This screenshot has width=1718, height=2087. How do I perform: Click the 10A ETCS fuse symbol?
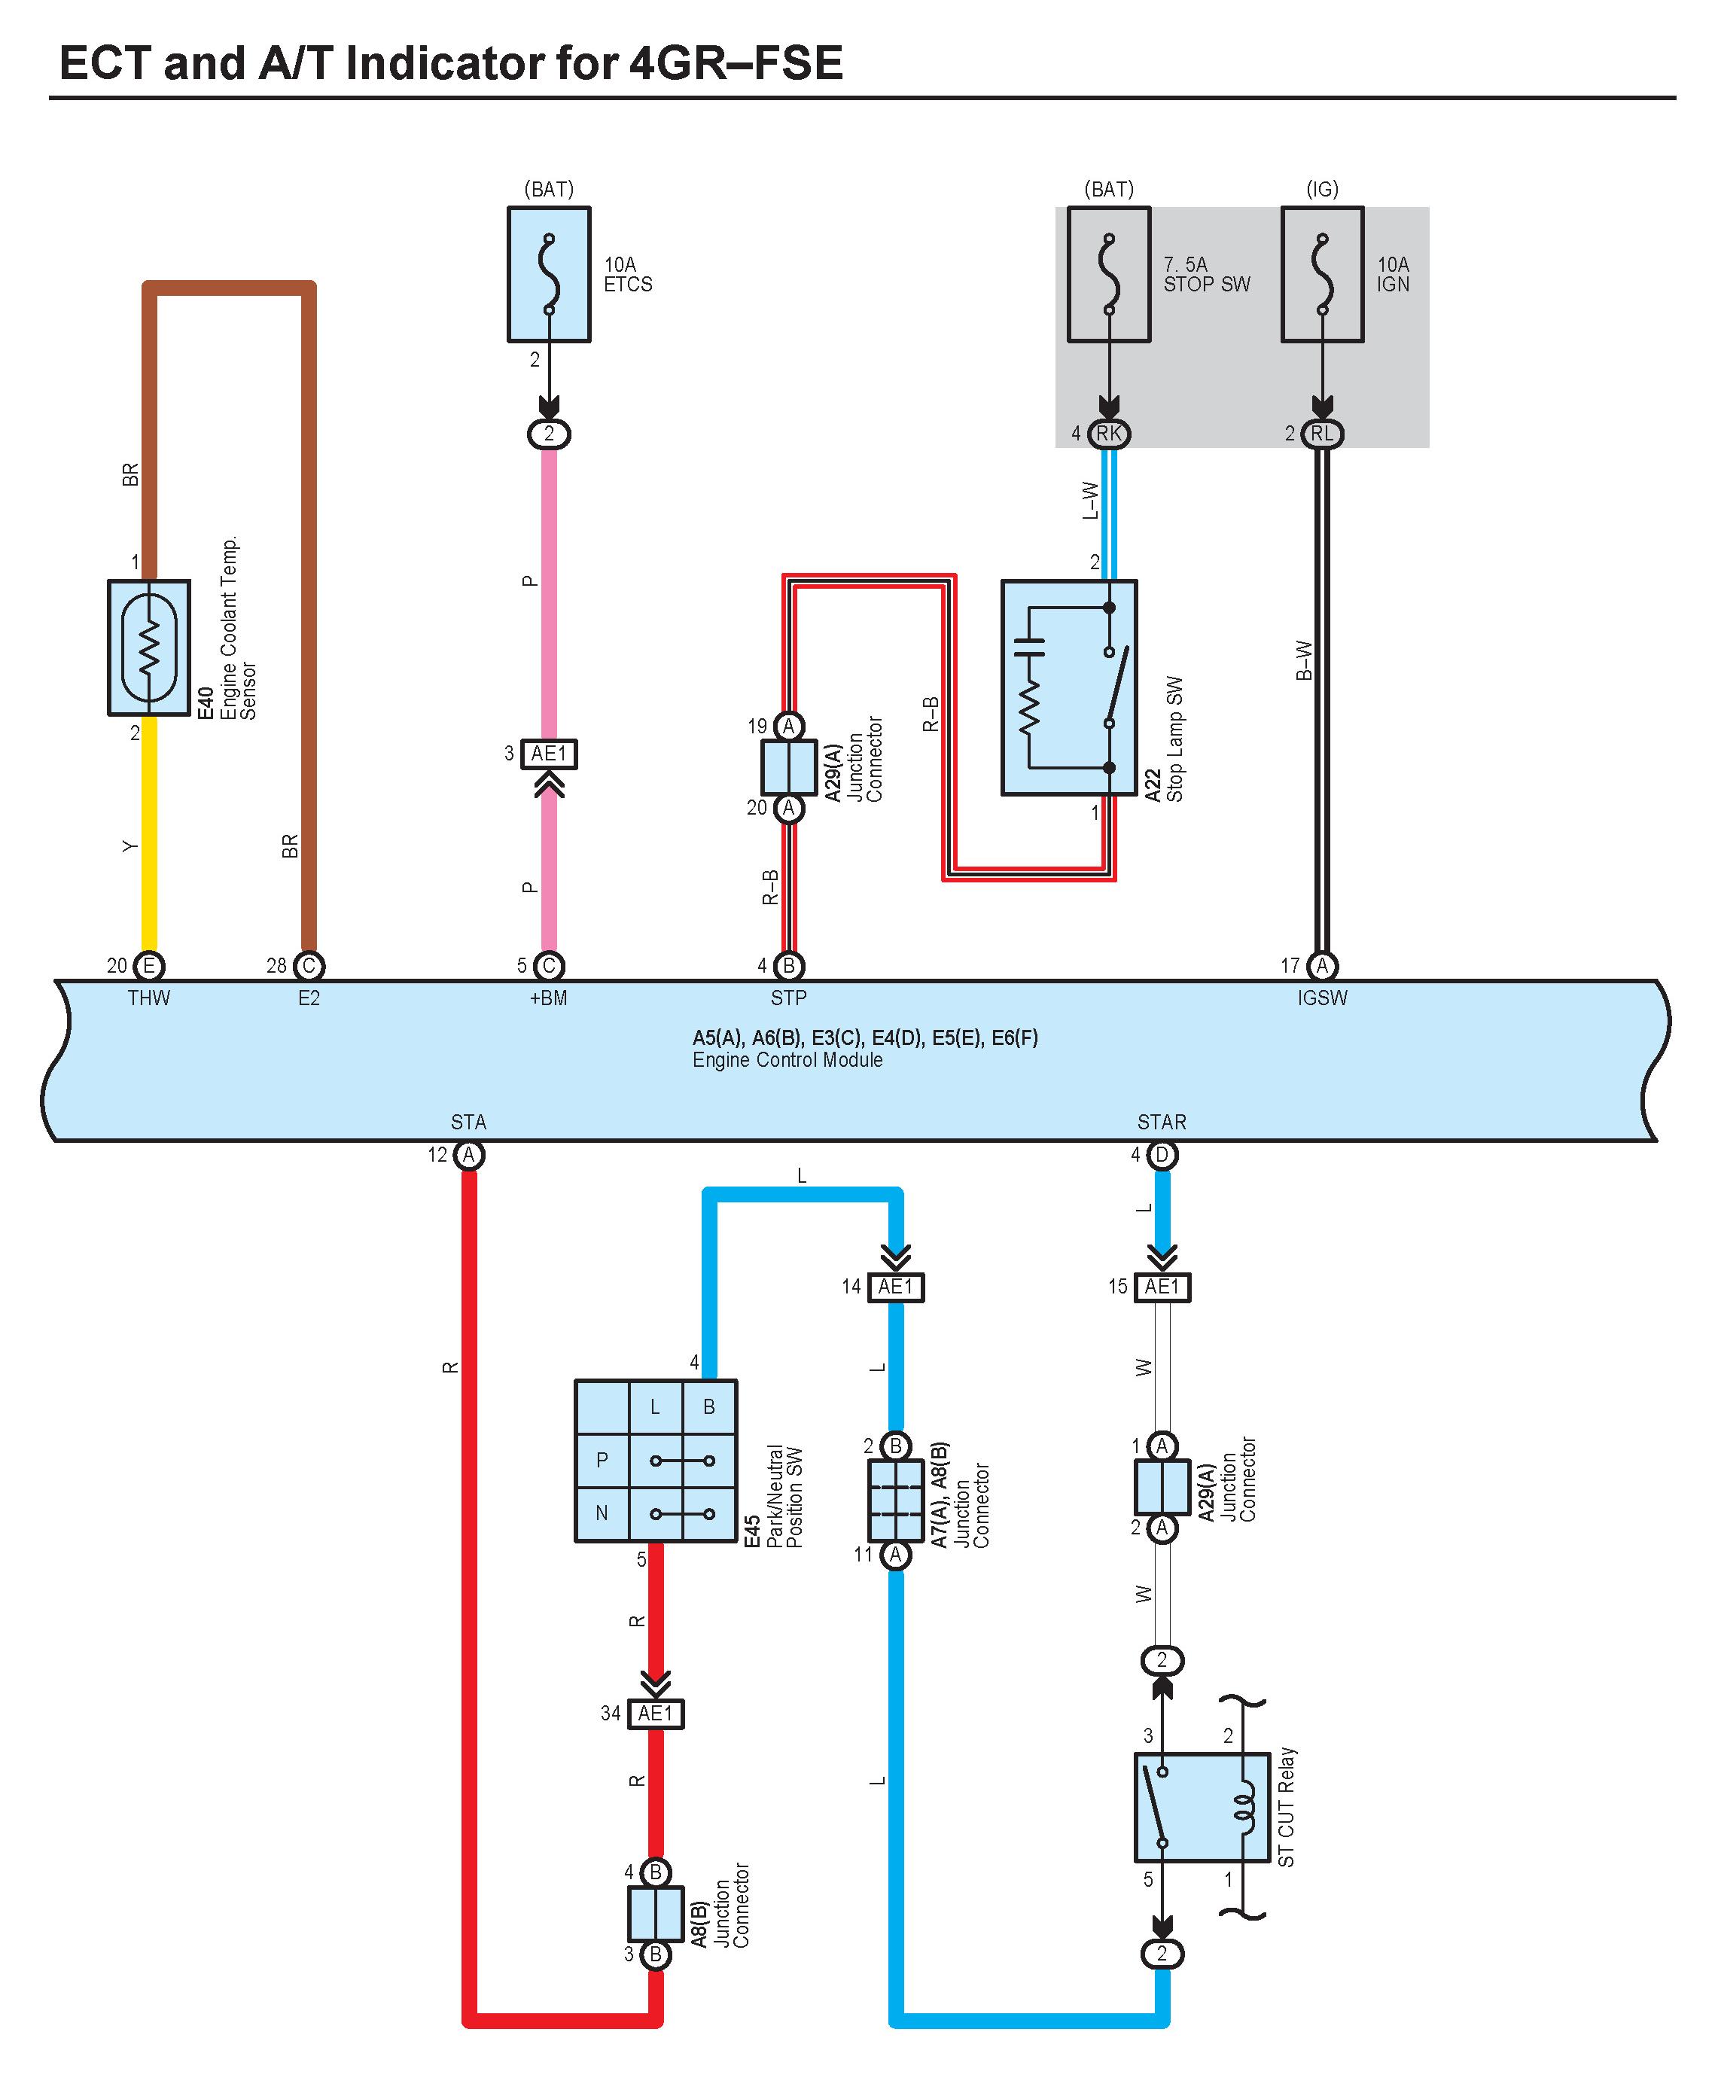[x=550, y=274]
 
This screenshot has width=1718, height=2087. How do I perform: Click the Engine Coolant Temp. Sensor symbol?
[x=148, y=647]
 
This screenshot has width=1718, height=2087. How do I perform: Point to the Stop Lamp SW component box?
[x=1069, y=687]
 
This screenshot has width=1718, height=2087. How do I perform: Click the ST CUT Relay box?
[x=1202, y=1808]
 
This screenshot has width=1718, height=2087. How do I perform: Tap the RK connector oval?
[x=1110, y=434]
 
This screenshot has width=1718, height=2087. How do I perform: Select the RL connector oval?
[x=1322, y=434]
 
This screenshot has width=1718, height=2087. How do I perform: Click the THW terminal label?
[x=148, y=998]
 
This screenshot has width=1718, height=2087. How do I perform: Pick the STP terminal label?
[x=789, y=998]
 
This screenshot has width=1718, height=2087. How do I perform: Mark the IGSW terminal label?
[x=1322, y=998]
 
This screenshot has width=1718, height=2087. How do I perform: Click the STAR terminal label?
[x=1162, y=1122]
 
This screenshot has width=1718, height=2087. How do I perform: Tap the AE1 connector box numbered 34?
[x=655, y=1713]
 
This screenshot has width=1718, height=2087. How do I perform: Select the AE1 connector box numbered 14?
[x=896, y=1287]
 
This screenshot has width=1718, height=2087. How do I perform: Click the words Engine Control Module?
[x=787, y=1060]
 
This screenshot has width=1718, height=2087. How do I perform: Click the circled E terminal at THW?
[x=148, y=966]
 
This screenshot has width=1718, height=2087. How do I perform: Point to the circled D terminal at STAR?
[x=1162, y=1155]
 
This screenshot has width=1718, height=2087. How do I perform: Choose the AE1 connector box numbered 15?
[x=1162, y=1287]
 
